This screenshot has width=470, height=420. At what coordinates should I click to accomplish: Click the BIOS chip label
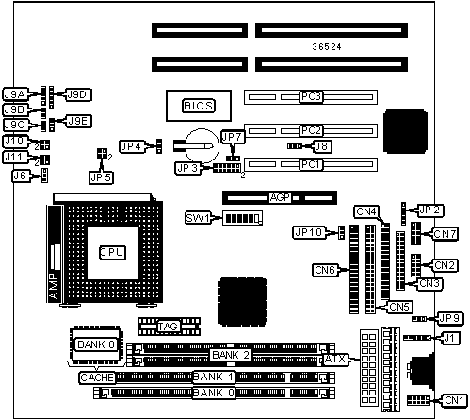[199, 106]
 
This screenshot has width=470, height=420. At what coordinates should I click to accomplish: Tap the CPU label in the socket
[112, 252]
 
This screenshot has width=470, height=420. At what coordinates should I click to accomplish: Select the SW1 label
[198, 218]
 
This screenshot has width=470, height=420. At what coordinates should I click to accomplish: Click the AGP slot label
[280, 197]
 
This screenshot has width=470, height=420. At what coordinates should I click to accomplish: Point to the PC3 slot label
[311, 96]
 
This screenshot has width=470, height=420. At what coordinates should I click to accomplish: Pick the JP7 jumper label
[233, 137]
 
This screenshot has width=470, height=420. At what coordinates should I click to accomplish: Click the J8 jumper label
[321, 146]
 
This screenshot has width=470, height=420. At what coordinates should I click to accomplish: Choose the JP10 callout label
[309, 233]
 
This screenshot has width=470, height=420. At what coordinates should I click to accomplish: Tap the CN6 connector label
[325, 270]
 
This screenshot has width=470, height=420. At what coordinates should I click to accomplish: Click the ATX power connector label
[335, 359]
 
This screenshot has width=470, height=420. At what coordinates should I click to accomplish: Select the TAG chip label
[168, 327]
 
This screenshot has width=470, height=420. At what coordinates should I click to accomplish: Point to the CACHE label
[97, 378]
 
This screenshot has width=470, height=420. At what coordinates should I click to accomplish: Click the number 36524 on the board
[327, 47]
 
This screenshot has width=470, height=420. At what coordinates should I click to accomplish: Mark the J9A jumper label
[15, 94]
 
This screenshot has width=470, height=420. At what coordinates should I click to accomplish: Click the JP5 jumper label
[101, 177]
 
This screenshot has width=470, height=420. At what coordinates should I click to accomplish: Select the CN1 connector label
[454, 400]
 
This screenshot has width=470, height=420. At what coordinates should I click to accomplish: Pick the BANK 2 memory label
[231, 355]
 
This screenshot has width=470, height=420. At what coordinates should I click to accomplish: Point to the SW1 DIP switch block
[242, 218]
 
